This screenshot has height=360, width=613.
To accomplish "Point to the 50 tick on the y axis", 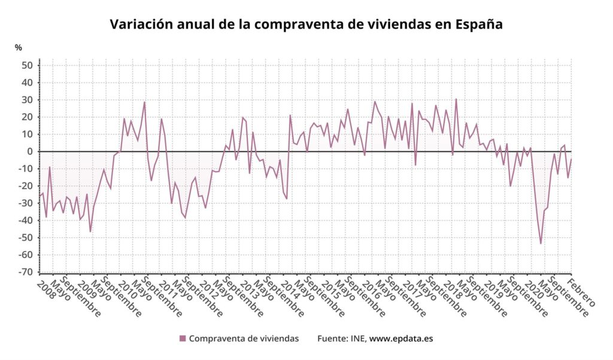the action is click(26, 65).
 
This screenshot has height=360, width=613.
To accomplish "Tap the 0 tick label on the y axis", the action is click(29, 152).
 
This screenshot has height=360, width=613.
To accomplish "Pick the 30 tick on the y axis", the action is click(26, 100).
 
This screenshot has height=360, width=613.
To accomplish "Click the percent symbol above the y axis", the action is click(19, 48).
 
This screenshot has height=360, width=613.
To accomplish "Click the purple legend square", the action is click(183, 338).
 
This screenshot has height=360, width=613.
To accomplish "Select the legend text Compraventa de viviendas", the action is click(244, 338).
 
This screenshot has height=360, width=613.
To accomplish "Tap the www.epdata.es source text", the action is click(401, 339).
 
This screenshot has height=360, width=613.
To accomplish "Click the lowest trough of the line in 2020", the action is click(541, 244).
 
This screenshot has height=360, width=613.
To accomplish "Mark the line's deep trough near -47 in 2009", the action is click(90, 232).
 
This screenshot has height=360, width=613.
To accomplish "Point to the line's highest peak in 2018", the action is click(456, 99).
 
